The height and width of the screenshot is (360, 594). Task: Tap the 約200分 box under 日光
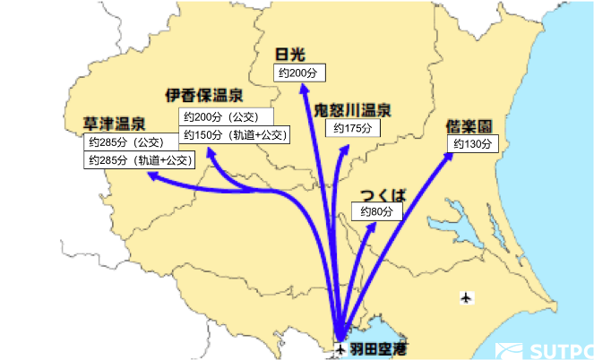click(300, 73)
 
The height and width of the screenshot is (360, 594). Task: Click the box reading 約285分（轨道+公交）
click(138, 160)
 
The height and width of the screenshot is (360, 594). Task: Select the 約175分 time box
click(352, 129)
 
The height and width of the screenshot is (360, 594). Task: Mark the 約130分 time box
click(472, 144)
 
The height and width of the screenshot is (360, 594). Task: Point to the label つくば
click(383, 195)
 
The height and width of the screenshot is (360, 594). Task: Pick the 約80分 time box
click(375, 212)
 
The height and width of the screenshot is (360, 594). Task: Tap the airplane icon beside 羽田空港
click(340, 347)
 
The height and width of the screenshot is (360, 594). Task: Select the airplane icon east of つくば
click(465, 296)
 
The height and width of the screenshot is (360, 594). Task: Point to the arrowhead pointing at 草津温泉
click(152, 176)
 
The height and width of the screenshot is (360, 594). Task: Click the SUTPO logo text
click(560, 350)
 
